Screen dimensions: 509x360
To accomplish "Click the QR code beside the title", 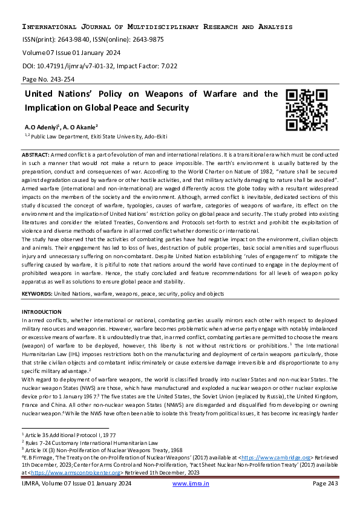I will pos(307,110).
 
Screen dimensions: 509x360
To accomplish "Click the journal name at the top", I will pos(157,27).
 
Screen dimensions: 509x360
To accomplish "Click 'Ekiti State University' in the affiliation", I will pos(117,138).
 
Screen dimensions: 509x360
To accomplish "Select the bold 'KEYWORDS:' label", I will pos(38,293).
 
